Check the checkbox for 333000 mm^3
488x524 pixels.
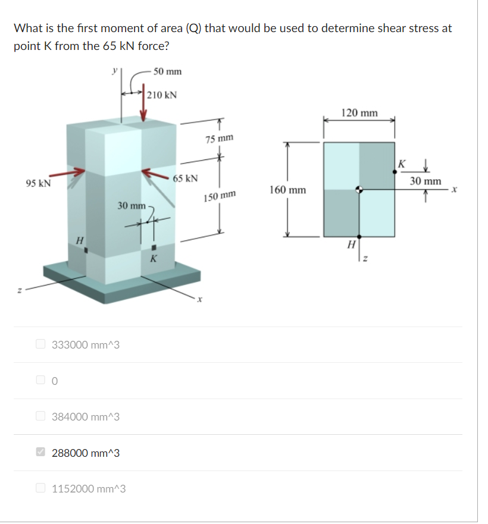(40, 344)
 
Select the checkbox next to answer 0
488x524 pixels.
(40, 380)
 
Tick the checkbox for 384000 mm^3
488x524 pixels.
(40, 416)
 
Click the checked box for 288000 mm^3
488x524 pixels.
(40, 453)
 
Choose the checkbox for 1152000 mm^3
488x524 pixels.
(40, 488)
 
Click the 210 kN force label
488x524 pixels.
(162, 95)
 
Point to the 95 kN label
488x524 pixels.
(37, 184)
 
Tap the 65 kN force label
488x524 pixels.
(186, 178)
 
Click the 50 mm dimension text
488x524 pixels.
(167, 72)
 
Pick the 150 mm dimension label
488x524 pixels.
(220, 197)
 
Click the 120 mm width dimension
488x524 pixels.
(359, 112)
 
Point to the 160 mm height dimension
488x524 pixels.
(287, 190)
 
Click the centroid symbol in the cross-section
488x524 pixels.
(359, 190)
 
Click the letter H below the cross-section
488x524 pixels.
(352, 244)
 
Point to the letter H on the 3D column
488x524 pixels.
(79, 240)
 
